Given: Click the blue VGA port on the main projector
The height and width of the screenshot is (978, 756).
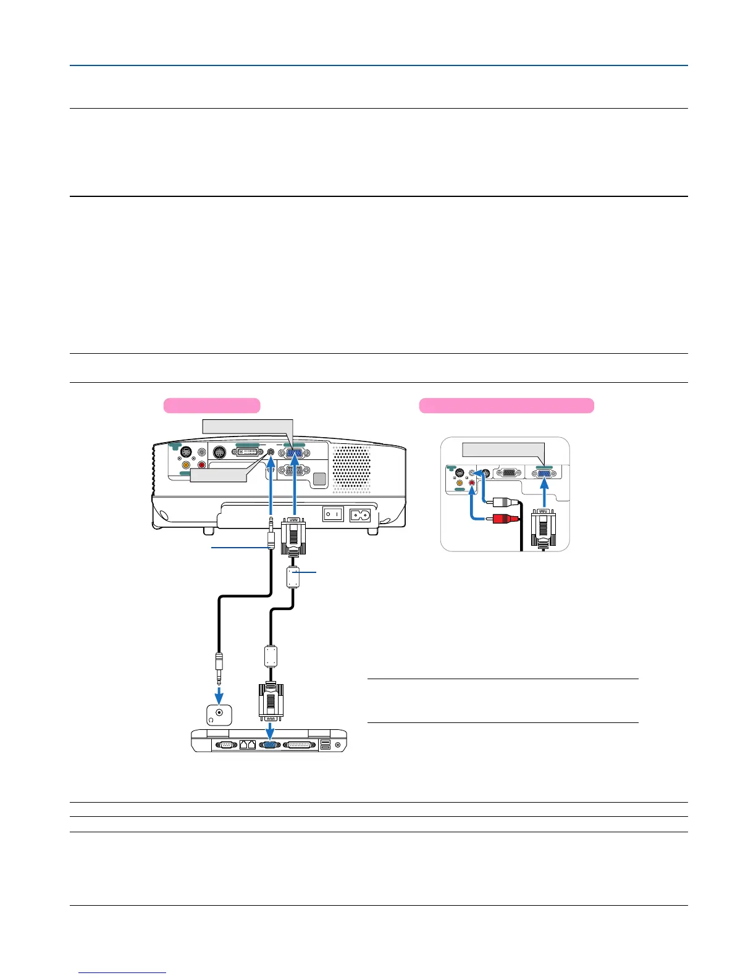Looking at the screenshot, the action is [295, 456].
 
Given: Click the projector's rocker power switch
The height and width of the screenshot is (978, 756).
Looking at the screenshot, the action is [334, 514].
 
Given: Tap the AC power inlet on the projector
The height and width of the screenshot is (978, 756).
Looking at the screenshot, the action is [360, 514].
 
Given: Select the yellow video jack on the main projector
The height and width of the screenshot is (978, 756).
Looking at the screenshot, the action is [186, 464].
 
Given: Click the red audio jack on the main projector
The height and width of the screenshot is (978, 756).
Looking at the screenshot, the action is [201, 464].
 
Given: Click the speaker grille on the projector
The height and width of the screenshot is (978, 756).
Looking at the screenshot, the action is [352, 469].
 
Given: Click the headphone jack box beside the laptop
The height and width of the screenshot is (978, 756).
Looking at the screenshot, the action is [219, 714].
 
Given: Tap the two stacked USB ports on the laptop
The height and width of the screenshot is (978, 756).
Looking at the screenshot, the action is [325, 745].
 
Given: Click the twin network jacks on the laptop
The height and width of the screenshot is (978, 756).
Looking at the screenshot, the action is [247, 745].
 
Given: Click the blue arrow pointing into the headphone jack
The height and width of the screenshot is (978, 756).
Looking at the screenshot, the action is [219, 695].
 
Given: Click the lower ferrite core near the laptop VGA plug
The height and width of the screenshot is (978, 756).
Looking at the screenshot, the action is [270, 656].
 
